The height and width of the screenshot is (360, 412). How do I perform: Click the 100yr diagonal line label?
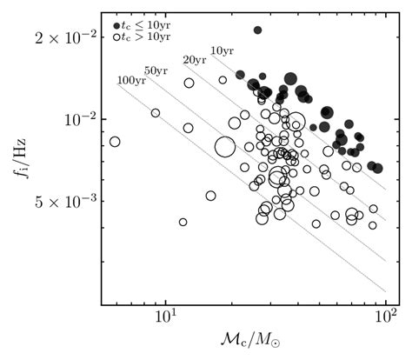click(x=131, y=80)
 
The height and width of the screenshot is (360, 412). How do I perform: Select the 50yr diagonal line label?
click(x=156, y=70)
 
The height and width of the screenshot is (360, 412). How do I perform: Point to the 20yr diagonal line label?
click(x=194, y=59)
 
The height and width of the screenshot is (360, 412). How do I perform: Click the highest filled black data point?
click(x=257, y=30)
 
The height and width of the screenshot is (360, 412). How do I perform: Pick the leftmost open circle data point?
click(x=114, y=142)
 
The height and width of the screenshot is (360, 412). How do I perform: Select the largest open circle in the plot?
click(x=225, y=148)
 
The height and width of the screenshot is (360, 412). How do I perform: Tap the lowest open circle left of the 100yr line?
click(x=183, y=222)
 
